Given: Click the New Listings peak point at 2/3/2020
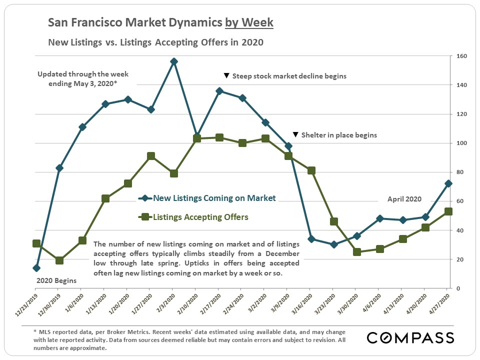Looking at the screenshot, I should point(173,61).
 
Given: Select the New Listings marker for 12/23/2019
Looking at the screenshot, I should point(36,268).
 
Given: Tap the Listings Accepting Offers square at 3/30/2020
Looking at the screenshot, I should point(356,252).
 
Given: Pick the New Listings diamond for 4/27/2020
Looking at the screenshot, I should point(448,183).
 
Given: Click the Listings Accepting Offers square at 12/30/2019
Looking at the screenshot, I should point(59,260).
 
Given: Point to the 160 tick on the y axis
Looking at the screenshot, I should point(459,56).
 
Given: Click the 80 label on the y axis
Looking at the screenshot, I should point(458,172).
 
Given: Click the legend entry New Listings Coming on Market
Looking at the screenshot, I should point(214,198).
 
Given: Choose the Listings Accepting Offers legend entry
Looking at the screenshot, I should point(200,217).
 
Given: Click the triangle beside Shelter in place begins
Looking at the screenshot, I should point(295,135).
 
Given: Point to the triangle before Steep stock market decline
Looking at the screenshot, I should point(226,76).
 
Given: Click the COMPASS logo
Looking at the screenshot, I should point(410,337).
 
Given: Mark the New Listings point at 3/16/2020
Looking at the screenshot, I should point(311,239).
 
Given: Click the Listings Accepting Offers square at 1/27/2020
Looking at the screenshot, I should point(150,156).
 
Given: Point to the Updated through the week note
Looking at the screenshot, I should point(82,79).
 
